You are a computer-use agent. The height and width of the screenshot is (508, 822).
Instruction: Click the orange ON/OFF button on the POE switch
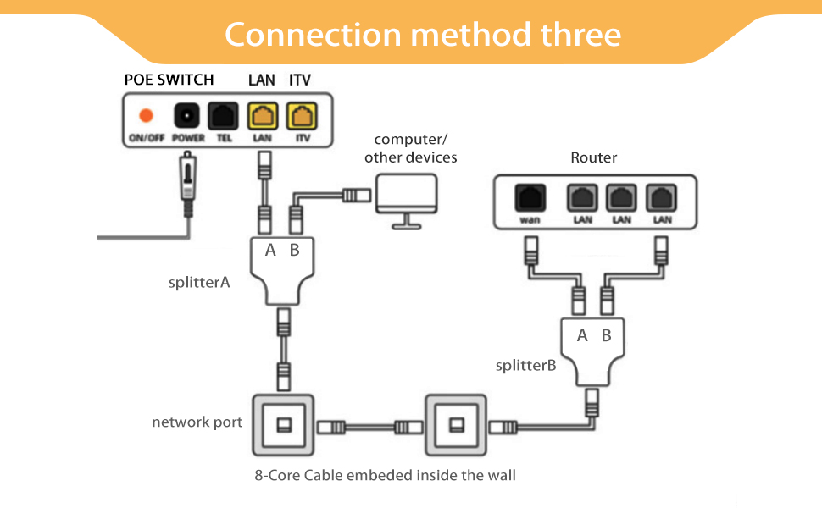pyautogui.click(x=146, y=115)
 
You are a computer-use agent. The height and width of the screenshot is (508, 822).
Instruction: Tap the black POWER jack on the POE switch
pyautogui.click(x=186, y=115)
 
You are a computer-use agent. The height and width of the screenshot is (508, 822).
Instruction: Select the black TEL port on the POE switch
pyautogui.click(x=224, y=115)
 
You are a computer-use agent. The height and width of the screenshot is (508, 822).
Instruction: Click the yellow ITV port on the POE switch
pyautogui.click(x=300, y=115)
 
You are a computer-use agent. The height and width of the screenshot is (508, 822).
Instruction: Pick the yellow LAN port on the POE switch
pyautogui.click(x=262, y=115)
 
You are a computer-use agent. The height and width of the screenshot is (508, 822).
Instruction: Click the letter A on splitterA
pyautogui.click(x=270, y=250)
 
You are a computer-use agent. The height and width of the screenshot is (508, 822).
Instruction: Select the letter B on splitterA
pyautogui.click(x=294, y=250)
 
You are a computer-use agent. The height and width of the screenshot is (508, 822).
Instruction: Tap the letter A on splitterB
pyautogui.click(x=582, y=335)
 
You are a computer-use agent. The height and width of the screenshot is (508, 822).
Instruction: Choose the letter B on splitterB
pyautogui.click(x=606, y=335)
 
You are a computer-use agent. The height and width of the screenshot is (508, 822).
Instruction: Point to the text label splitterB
pyautogui.click(x=525, y=366)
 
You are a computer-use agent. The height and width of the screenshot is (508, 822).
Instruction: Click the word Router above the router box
pyautogui.click(x=593, y=157)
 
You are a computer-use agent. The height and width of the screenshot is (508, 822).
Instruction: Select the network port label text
pyautogui.click(x=197, y=422)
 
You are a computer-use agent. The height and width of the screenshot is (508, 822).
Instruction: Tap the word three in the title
pyautogui.click(x=580, y=35)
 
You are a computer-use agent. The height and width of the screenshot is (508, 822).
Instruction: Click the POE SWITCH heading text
pyautogui.click(x=169, y=80)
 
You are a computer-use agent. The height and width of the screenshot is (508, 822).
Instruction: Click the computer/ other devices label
pyautogui.click(x=411, y=148)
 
